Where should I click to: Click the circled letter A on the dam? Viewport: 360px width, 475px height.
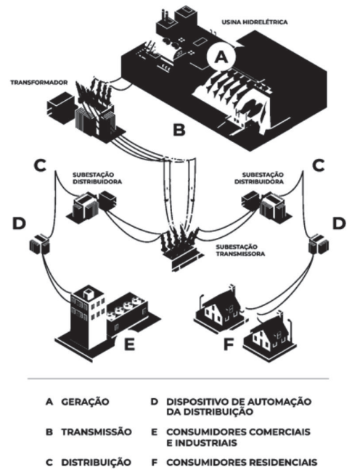point(221,57)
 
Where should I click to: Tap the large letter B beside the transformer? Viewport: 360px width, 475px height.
point(179,130)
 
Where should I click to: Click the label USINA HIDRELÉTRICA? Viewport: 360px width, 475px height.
point(255,22)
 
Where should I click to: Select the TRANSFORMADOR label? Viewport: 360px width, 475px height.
point(39,83)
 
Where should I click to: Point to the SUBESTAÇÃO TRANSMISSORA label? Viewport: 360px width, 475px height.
point(240,250)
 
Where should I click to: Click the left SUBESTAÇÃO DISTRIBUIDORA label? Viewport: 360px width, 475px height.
point(97,178)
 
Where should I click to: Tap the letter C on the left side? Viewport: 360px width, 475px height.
point(40,165)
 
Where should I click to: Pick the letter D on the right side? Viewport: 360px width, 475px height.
point(339,223)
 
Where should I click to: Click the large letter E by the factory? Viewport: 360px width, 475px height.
point(129,344)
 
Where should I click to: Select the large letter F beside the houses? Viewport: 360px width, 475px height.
point(229,344)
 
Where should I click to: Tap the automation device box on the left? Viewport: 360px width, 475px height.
point(39,244)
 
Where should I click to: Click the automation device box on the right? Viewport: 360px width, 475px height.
point(319,244)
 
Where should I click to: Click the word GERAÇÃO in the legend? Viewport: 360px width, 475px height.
point(85,402)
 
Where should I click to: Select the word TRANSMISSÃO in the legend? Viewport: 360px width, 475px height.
point(97,431)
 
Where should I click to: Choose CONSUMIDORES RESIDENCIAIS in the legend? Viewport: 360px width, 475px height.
point(242,463)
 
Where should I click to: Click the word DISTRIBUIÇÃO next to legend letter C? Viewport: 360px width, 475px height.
point(96,463)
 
